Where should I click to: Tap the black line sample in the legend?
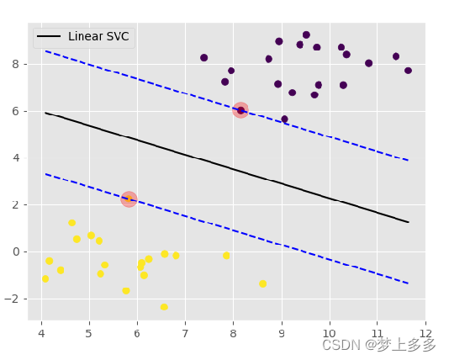tap(49, 37)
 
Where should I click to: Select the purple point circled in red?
tap(240, 110)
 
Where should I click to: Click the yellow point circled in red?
tap(129, 199)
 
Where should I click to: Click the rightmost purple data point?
tap(408, 71)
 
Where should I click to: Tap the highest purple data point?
tap(306, 35)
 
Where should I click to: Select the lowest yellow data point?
tap(164, 307)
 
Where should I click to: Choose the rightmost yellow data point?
tap(262, 283)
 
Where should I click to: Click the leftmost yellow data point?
tap(45, 278)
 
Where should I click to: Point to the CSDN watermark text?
tap(379, 345)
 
